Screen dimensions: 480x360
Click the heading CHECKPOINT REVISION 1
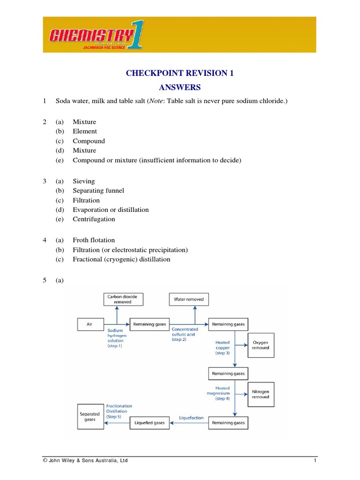point(180,73)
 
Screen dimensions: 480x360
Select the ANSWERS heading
point(180,87)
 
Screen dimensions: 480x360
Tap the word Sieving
point(83,181)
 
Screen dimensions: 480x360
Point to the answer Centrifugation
point(94,219)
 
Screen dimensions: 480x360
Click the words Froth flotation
point(94,240)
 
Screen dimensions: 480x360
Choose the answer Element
point(85,131)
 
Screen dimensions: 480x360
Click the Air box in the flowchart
point(90,324)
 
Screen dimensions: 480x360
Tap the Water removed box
point(189,299)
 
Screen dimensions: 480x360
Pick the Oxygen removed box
point(261,345)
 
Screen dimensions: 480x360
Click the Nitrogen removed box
point(261,394)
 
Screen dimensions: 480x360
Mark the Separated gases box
point(90,417)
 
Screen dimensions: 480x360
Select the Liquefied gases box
point(150,423)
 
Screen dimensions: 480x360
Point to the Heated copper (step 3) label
point(223,347)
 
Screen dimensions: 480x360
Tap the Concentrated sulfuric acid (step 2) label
point(182,334)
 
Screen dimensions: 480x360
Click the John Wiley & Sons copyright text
point(85,461)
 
